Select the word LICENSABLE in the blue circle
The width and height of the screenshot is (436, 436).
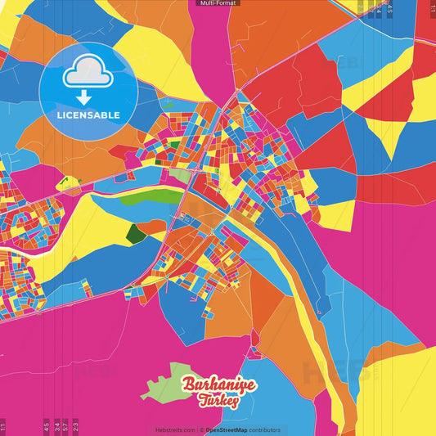88,115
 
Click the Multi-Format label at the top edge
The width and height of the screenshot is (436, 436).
218,3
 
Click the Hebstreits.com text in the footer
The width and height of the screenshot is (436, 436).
175,429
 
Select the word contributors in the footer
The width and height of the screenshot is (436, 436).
264,429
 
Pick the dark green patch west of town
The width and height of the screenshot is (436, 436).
136,235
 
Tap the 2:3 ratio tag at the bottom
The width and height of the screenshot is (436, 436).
75,425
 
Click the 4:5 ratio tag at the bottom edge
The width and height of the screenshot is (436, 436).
46,425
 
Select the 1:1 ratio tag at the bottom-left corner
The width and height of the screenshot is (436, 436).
3,426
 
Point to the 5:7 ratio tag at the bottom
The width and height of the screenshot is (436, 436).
66,425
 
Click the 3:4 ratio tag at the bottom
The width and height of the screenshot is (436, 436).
56,425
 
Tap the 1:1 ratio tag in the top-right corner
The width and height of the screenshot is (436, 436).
432,8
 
